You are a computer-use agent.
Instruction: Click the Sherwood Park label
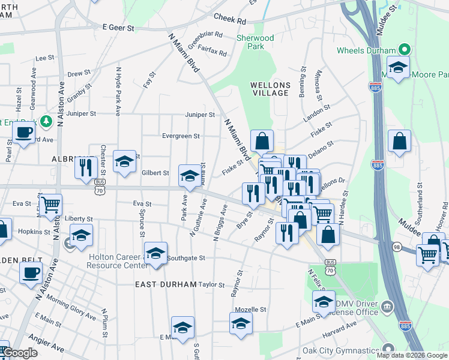click(255, 42)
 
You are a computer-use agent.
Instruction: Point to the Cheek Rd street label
click(230, 20)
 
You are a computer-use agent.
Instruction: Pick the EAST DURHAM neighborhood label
click(166, 284)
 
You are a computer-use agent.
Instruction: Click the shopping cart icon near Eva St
click(50, 205)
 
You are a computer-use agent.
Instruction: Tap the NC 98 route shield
click(396, 247)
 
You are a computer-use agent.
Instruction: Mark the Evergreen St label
click(181, 136)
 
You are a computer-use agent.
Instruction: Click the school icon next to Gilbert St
click(190, 175)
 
